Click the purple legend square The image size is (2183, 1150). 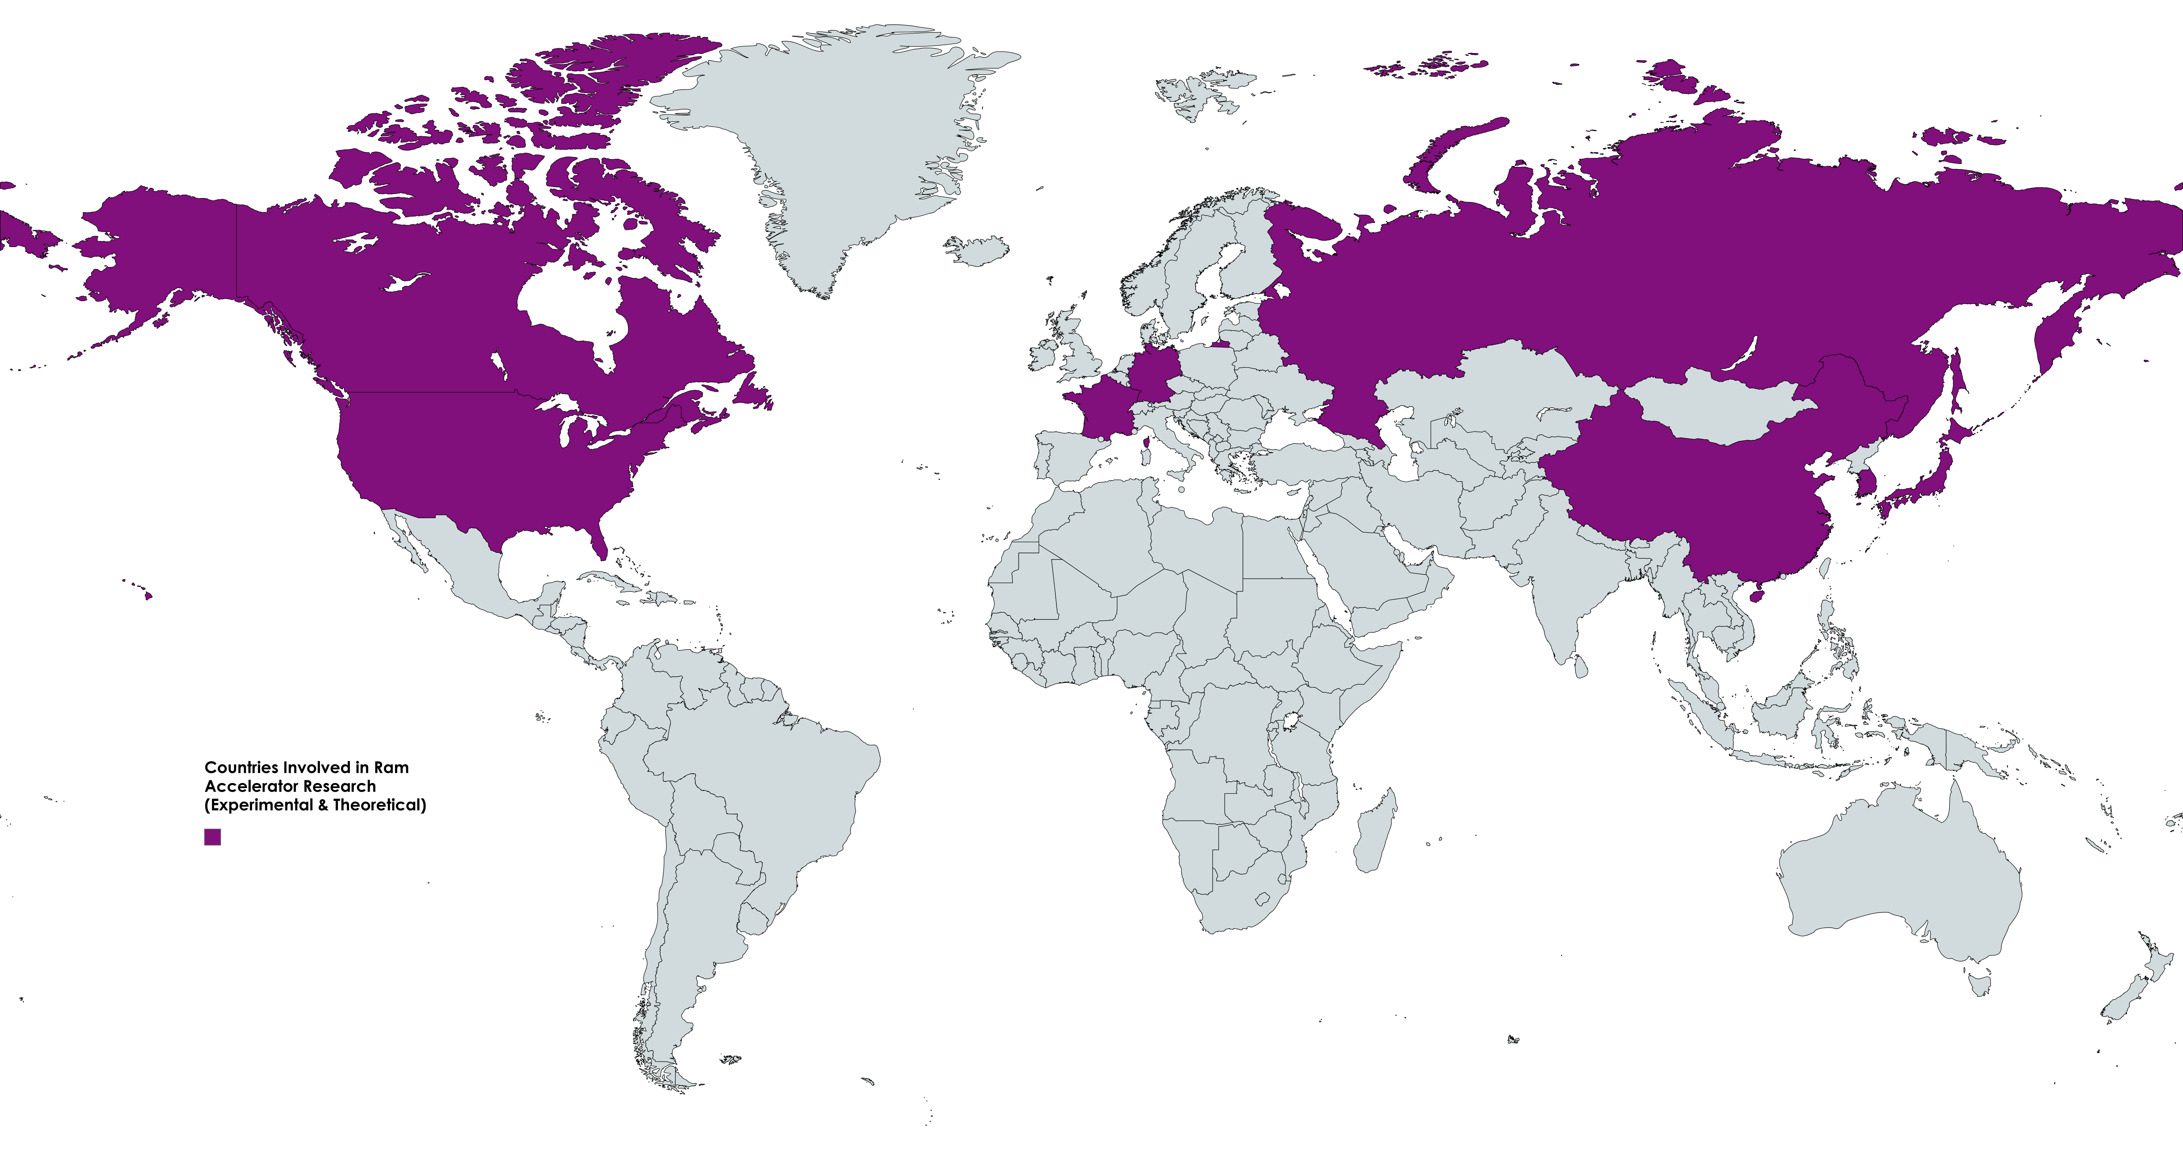[213, 837]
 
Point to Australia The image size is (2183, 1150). [1898, 881]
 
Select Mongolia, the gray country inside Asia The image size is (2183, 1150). [1720, 407]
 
